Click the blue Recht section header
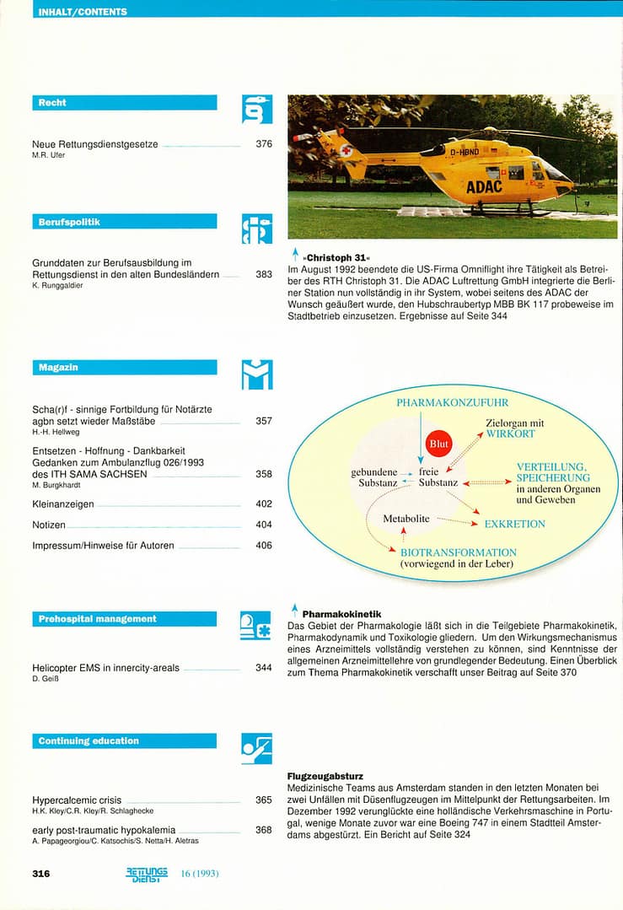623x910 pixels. pyautogui.click(x=124, y=103)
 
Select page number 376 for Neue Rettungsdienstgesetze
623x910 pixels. pyautogui.click(x=264, y=144)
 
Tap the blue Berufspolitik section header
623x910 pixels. pyautogui.click(x=124, y=222)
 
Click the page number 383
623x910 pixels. pyautogui.click(x=264, y=275)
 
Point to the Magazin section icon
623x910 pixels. pyautogui.click(x=257, y=374)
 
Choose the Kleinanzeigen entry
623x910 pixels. pyautogui.click(x=62, y=504)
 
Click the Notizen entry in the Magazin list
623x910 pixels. pyautogui.click(x=49, y=525)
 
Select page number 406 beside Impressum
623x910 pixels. pyautogui.click(x=264, y=546)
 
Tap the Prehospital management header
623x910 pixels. pyautogui.click(x=124, y=619)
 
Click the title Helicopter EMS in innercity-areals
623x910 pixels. pyautogui.click(x=105, y=668)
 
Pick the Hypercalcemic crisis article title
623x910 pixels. pyautogui.click(x=77, y=800)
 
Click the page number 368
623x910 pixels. pyautogui.click(x=264, y=830)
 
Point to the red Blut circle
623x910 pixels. pyautogui.click(x=439, y=443)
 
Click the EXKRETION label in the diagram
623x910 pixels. pyautogui.click(x=514, y=524)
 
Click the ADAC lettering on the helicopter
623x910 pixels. pyautogui.click(x=484, y=186)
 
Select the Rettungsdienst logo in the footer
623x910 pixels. pyautogui.click(x=147, y=873)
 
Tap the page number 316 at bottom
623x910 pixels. pyautogui.click(x=40, y=874)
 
